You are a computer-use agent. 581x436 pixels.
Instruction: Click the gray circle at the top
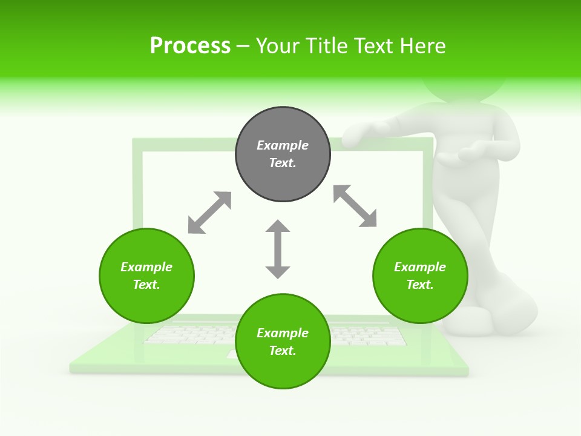(x=283, y=154)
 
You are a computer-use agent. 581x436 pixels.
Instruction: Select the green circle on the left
(x=146, y=276)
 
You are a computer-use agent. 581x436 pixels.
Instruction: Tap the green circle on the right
(x=420, y=276)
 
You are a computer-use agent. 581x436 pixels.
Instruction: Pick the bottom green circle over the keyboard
(x=283, y=341)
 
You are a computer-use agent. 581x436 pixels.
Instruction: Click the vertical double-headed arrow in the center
(x=278, y=249)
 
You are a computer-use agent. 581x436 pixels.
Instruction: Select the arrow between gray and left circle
(x=209, y=213)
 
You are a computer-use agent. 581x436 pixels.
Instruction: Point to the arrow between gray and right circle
(x=355, y=206)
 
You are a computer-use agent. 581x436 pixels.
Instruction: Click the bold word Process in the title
(x=190, y=45)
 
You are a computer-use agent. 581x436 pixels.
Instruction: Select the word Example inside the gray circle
(x=283, y=145)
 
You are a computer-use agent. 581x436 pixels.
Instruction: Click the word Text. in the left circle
(x=146, y=285)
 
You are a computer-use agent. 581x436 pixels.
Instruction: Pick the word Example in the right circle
(x=420, y=267)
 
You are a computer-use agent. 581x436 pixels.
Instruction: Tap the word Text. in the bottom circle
(x=283, y=351)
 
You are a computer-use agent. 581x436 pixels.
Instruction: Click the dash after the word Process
(x=243, y=46)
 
